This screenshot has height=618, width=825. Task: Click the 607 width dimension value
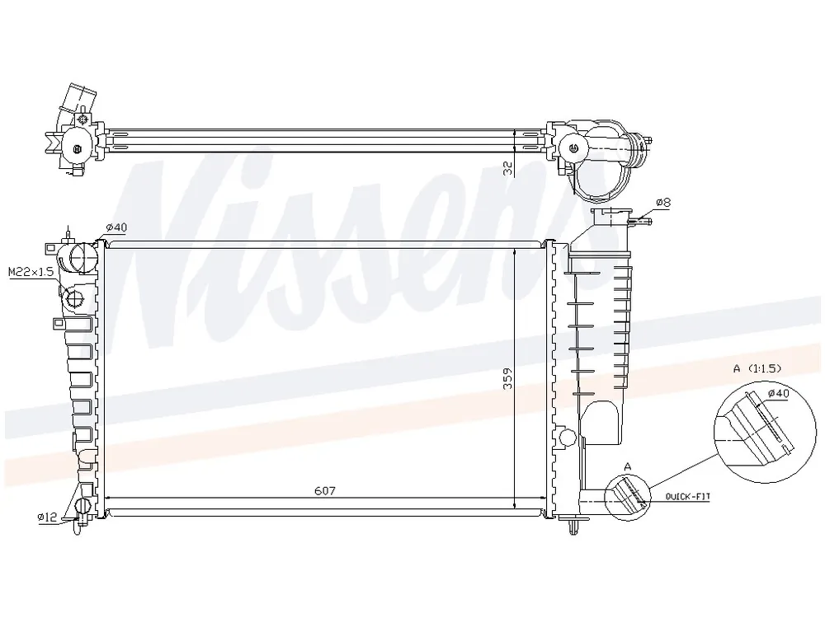324,491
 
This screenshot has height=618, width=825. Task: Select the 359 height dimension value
507,378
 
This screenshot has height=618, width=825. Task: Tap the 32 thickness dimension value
508,168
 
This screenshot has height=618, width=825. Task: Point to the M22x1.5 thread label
31,272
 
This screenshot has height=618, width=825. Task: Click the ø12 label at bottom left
47,517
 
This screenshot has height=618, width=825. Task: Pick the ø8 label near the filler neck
663,203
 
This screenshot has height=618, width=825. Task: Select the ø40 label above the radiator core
116,227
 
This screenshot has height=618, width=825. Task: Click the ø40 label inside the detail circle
778,393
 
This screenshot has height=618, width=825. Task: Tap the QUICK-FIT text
688,496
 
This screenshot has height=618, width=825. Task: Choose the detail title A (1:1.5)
757,368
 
